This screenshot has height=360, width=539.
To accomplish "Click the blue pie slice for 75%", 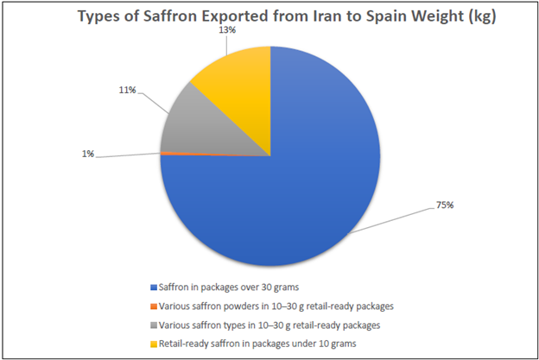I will (x=285, y=199).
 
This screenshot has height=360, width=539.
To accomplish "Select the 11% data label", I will (x=128, y=90).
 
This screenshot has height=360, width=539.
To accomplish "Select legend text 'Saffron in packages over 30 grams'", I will (x=230, y=286).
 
